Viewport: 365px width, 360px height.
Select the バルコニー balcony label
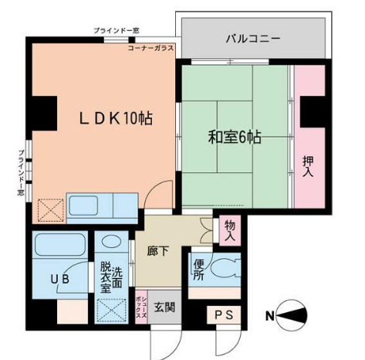point(252,38)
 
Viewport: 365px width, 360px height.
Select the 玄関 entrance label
point(164,307)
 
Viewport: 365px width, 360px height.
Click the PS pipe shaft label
point(224,315)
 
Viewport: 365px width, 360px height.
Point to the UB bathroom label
point(60,279)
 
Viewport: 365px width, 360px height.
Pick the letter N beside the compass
point(270,315)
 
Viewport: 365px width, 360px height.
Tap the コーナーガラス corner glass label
point(150,48)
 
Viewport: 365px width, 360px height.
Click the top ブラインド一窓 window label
point(117,30)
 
